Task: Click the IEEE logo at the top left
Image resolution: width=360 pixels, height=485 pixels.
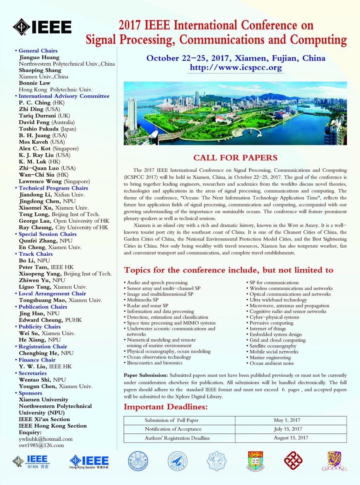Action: point(42,27)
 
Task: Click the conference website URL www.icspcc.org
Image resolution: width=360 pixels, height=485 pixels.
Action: point(236,67)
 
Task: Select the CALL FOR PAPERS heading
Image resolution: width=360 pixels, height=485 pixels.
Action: point(235,158)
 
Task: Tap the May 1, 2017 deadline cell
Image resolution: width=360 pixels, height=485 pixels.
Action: point(287,420)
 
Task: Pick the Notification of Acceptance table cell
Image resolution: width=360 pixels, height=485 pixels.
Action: point(173,429)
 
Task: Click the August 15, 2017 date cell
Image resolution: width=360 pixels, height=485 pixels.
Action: point(291,438)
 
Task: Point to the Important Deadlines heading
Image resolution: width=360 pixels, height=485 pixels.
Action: point(166,407)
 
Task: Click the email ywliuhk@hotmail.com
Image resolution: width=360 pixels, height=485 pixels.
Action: point(46,439)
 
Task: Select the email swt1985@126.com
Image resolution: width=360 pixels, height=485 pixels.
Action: point(41,445)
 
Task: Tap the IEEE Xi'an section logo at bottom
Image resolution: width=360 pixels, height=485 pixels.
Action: point(31,461)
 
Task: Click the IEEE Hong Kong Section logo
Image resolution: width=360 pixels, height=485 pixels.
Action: point(89,462)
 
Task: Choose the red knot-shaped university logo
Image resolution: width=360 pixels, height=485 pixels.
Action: point(293,461)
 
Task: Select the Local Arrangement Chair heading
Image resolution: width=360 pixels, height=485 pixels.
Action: point(52,293)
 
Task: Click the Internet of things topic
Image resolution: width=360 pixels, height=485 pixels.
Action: point(268,328)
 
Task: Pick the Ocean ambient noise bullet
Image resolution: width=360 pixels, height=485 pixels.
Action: point(271,363)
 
